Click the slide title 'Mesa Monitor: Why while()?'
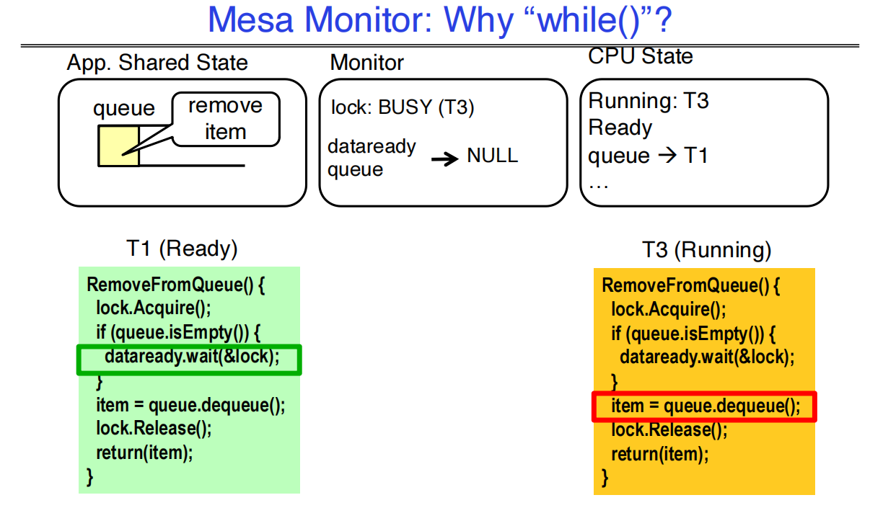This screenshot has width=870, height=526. [x=439, y=21]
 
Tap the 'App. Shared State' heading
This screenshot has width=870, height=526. [x=157, y=63]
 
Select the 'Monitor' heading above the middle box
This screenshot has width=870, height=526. [x=366, y=63]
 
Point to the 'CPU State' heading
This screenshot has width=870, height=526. [x=640, y=56]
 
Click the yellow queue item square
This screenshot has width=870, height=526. [x=118, y=146]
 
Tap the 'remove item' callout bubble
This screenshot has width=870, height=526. [x=225, y=119]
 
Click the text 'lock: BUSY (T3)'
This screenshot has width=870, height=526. [x=402, y=108]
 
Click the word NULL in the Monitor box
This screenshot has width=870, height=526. [x=492, y=156]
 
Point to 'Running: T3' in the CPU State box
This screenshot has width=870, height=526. [x=649, y=101]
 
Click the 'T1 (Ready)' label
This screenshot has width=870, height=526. [x=182, y=249]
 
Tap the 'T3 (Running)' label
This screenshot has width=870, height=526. [x=706, y=250]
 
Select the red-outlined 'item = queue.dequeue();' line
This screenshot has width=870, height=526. [x=704, y=406]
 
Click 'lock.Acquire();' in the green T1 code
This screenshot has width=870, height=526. [x=153, y=308]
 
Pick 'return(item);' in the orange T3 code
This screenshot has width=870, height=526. [x=659, y=454]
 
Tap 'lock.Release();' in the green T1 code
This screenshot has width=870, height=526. [x=153, y=428]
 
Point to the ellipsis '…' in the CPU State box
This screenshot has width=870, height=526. [x=598, y=184]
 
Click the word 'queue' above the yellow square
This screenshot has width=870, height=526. [x=123, y=109]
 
